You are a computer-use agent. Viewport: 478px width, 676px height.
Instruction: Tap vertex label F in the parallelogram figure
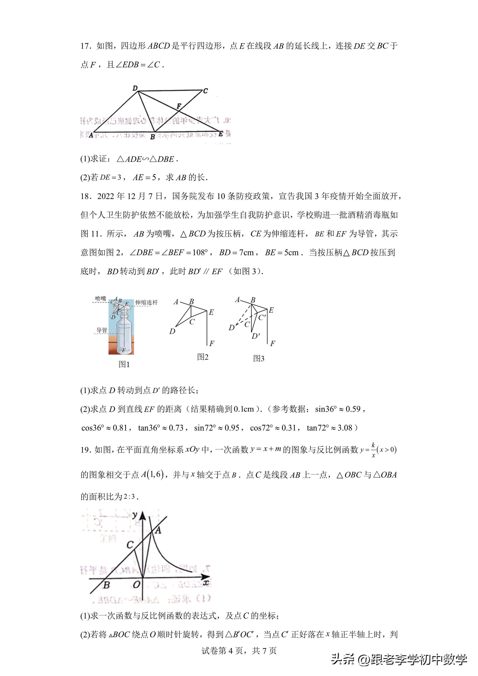[179, 106]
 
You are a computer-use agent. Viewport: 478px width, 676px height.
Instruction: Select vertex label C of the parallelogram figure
[206, 91]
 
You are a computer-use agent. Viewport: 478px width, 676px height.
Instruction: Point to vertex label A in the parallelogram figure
[91, 135]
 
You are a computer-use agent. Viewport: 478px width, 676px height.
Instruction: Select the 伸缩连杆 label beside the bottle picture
[146, 302]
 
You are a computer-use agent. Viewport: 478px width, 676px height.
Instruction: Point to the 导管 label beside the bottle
[102, 330]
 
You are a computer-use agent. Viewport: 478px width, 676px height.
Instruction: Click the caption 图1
[124, 365]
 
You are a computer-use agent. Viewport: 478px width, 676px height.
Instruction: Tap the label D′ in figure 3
[256, 336]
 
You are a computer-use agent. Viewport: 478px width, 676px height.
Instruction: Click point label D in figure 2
[172, 331]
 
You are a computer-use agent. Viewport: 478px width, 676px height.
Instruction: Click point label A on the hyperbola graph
[158, 531]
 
